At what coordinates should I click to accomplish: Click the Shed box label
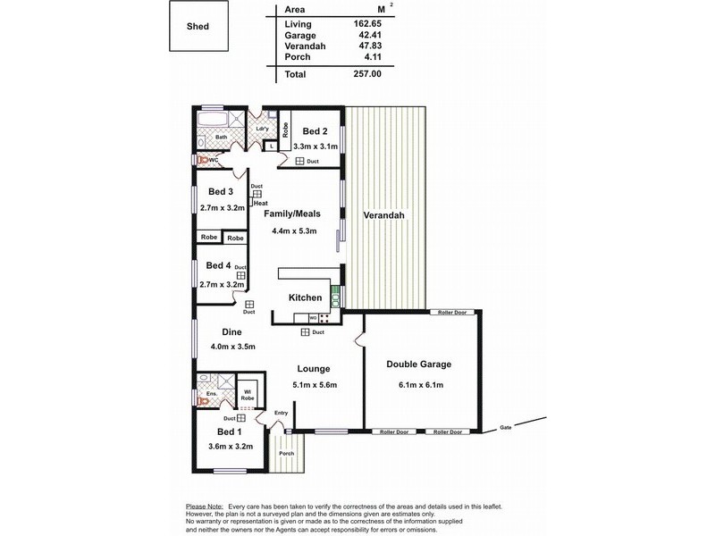coord(198,27)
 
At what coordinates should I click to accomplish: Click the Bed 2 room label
coord(314,130)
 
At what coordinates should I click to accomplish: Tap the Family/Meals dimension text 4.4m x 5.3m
coord(294,230)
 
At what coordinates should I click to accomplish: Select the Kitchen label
coord(305,297)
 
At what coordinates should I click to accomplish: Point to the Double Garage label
coord(418,364)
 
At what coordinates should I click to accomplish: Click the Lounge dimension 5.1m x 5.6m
coord(314,385)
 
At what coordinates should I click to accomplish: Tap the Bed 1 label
coord(218,431)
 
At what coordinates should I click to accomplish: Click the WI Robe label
coord(248,394)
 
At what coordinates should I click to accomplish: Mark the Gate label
coord(506,427)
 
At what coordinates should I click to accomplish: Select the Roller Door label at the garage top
coord(453,313)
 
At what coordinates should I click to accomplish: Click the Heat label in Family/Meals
coord(261,203)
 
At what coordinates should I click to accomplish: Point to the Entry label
coord(282,412)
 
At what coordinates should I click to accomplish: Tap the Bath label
coord(208,137)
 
